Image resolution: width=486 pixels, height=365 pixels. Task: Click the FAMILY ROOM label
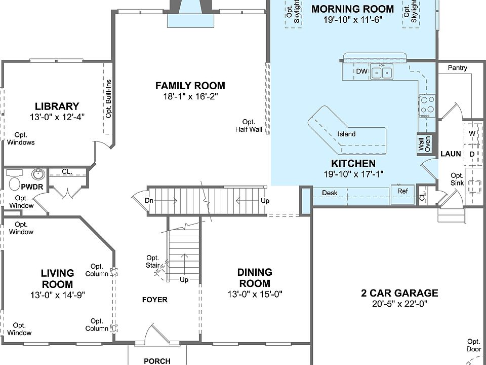[190, 86]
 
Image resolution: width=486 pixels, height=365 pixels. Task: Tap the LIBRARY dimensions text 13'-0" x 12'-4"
[57, 117]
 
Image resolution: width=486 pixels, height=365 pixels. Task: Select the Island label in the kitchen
[346, 134]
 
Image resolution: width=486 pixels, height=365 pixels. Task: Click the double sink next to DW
[382, 72]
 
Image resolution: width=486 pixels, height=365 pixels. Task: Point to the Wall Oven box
[424, 143]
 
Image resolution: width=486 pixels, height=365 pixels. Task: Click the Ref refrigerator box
[402, 194]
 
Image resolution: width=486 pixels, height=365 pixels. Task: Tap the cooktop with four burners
[427, 106]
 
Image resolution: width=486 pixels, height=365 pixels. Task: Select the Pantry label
[458, 67]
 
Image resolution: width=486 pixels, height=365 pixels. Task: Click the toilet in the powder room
[15, 184]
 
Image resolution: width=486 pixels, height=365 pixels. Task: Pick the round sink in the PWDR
[38, 174]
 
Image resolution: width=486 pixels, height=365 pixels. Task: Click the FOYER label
[155, 300]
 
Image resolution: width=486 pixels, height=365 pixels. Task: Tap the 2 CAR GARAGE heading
[399, 293]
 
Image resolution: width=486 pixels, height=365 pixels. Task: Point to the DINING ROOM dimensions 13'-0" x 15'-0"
[255, 294]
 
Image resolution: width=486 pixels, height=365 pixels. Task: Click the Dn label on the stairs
[149, 201]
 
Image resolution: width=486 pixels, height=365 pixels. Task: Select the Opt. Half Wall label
[249, 126]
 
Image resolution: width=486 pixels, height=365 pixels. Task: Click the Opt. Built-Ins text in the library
[108, 99]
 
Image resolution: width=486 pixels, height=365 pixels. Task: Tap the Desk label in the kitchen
[330, 193]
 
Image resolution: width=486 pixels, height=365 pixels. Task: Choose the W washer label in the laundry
[472, 133]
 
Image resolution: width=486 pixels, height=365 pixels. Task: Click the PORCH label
[157, 361]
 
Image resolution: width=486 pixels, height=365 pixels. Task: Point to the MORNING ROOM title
[353, 9]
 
